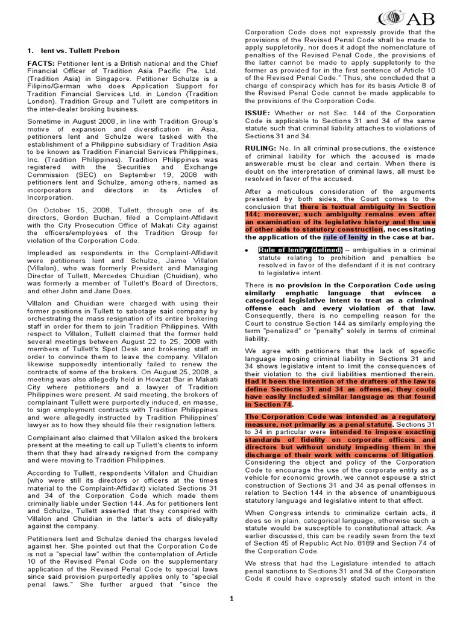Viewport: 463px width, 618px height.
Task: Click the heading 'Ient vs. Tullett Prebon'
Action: click(x=74, y=50)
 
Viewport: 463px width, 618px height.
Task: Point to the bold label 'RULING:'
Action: click(x=262, y=147)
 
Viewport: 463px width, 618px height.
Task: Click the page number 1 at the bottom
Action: click(x=230, y=598)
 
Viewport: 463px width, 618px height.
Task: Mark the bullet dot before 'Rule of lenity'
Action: click(x=248, y=250)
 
